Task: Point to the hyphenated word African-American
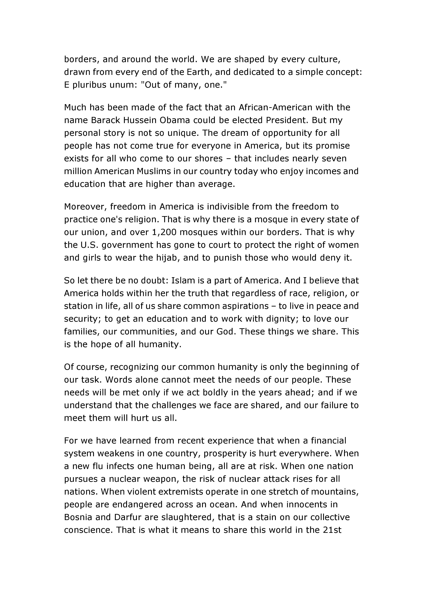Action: pos(279,107)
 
